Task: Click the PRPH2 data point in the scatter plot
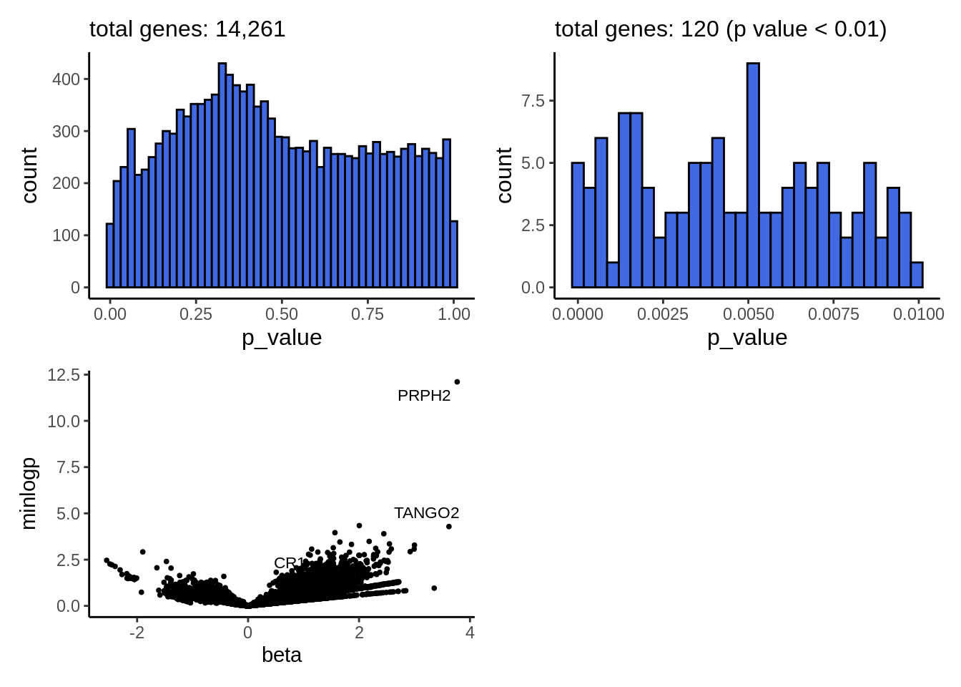pos(457,382)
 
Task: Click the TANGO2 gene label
pos(426,513)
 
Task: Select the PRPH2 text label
pos(424,396)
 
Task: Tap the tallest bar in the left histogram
pos(222,175)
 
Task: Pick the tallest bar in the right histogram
pos(753,175)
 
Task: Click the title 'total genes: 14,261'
pos(187,29)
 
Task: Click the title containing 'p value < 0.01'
pos(720,29)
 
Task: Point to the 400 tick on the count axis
pos(66,79)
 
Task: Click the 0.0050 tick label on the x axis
pos(748,314)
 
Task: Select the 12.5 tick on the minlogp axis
pos(64,375)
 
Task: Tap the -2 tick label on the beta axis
pos(137,633)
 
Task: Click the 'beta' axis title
pos(282,655)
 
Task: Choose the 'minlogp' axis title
pos(29,494)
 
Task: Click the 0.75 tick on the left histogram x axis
pos(368,314)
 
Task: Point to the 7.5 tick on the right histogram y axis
pos(533,101)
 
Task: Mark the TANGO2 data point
pos(449,527)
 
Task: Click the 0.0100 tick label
pos(918,314)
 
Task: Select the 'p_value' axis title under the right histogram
pos(747,338)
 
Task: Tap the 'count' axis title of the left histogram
pos(29,175)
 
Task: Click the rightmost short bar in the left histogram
pos(454,254)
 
